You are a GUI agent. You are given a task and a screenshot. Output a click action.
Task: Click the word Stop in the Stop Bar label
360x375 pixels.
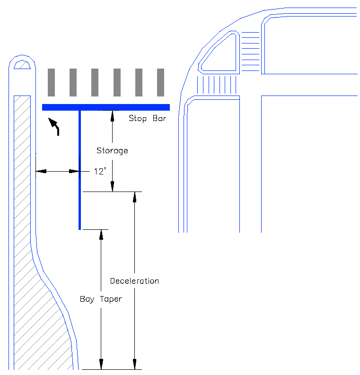(138, 118)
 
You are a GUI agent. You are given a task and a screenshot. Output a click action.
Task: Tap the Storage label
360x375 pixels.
(112, 151)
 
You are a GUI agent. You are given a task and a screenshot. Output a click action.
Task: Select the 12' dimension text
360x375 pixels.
(99, 172)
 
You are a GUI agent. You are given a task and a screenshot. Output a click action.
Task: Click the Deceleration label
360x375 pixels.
(134, 281)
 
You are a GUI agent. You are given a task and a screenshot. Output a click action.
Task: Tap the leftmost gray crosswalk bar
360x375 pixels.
(52, 82)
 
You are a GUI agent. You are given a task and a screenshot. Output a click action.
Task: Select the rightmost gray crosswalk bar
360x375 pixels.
(160, 82)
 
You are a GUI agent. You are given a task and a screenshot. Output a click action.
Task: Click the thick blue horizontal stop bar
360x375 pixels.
(105, 107)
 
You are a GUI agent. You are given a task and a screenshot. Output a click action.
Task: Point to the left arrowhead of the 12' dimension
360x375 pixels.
(39, 171)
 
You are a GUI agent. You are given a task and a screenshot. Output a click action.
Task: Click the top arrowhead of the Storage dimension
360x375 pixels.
(112, 113)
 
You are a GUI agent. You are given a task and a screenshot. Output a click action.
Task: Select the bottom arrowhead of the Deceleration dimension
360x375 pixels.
(135, 366)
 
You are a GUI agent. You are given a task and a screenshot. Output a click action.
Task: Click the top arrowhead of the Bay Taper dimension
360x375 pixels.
(101, 233)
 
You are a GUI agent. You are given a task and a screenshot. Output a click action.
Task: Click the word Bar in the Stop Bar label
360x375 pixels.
(159, 118)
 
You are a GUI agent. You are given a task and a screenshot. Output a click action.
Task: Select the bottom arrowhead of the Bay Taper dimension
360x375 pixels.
(101, 366)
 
